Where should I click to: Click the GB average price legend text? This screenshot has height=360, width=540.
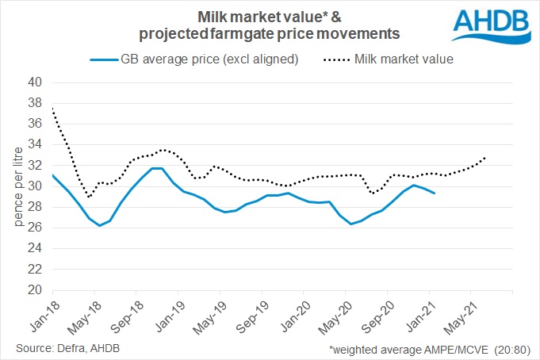[x=209, y=59]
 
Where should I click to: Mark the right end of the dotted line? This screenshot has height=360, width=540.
[x=485, y=157]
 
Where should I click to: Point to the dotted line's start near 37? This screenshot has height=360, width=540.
[x=52, y=109]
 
